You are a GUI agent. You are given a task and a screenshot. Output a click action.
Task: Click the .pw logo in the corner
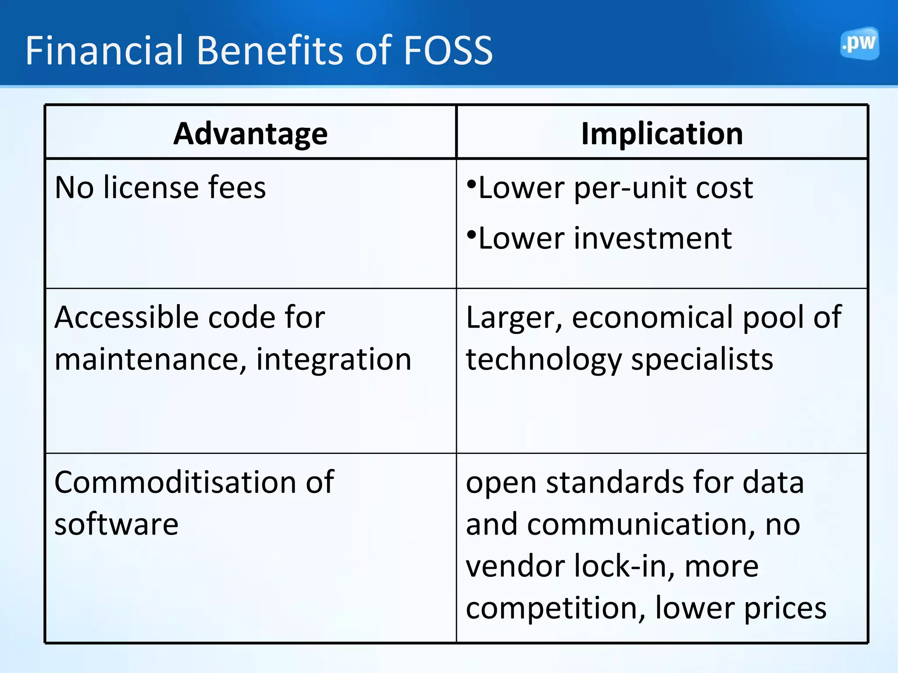point(859,43)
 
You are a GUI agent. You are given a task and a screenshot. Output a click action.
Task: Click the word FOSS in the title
point(448,51)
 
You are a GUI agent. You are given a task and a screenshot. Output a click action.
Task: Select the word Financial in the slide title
point(104,51)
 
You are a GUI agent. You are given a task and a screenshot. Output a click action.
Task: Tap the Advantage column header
point(250,133)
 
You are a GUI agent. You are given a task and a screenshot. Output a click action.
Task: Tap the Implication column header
point(662,133)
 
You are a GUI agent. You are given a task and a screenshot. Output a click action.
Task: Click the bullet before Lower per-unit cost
point(471,184)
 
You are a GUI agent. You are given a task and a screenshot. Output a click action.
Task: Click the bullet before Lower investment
point(471,234)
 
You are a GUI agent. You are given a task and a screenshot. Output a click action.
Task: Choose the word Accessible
point(127,317)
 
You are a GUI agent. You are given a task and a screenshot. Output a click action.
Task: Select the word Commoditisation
point(175,482)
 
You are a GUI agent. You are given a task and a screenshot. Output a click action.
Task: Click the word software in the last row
point(117,524)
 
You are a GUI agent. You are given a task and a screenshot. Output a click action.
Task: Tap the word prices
point(785,609)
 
